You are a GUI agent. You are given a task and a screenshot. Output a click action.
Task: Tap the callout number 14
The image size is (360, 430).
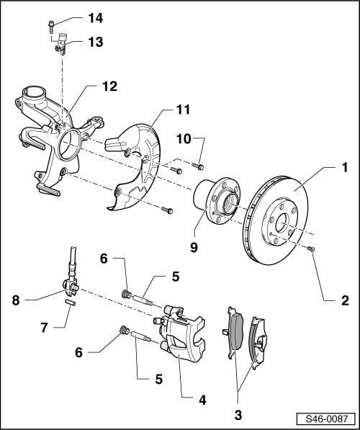(96, 17)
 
